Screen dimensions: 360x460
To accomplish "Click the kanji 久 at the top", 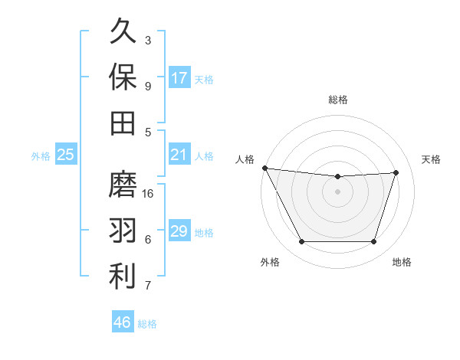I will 123,32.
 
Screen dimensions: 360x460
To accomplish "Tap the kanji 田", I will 123,123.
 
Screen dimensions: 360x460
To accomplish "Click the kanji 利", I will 123,277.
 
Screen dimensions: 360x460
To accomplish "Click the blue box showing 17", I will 179,78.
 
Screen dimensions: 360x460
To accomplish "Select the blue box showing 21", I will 179,155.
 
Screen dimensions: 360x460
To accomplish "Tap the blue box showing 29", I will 179,231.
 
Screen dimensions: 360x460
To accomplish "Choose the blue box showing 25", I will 66,155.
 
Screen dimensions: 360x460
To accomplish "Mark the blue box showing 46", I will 123,322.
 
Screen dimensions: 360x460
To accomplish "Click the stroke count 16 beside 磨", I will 149,193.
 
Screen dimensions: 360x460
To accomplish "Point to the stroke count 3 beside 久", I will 148,40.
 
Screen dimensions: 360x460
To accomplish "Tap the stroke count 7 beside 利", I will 148,286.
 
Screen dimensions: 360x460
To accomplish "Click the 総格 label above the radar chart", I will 338,100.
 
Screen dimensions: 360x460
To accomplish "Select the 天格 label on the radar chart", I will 431,159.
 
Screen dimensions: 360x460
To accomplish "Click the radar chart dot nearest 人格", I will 264,168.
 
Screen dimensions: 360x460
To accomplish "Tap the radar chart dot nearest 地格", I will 374,242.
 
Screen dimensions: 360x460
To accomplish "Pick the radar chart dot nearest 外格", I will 301,242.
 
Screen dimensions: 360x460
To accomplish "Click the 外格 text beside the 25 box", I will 41,156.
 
